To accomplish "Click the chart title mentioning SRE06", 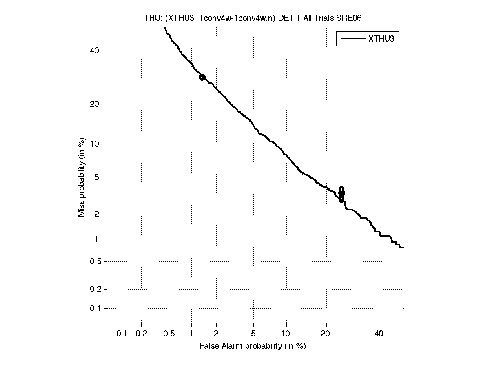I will pos(253,18).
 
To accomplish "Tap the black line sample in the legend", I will pos(353,39).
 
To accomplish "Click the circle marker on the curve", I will pos(202,77).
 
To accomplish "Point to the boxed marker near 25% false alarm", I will pos(342,194).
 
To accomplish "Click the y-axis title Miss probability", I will pos(82,177).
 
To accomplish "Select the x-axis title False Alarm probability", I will pos(253,346).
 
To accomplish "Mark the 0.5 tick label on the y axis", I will pos(95,261).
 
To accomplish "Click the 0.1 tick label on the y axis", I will pos(95,308).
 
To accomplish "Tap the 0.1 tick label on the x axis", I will pos(122,334).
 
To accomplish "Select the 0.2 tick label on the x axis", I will pos(141,334).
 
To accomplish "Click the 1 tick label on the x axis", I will pos(191,334).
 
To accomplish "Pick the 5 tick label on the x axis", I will pos(253,334).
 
